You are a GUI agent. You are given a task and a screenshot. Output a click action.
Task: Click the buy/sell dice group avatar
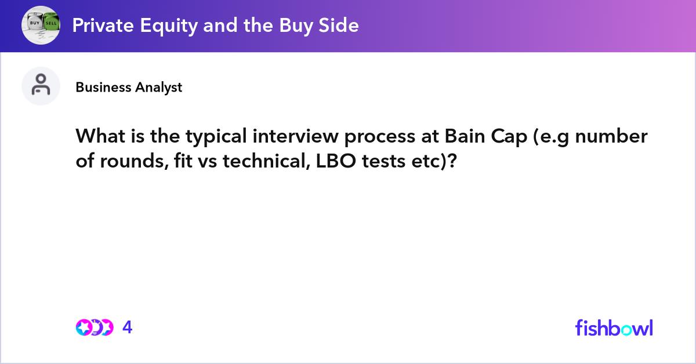[x=41, y=26]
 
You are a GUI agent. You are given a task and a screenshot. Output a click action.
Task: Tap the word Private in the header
[x=103, y=25]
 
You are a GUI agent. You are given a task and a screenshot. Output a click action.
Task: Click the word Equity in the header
[x=169, y=26]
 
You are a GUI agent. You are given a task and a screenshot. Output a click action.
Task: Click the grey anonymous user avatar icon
[x=41, y=86]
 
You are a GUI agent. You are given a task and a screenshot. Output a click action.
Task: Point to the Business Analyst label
[x=129, y=88]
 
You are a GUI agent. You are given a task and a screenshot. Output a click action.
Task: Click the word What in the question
[x=100, y=136]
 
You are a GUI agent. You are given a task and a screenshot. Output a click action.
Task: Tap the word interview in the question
[x=295, y=136]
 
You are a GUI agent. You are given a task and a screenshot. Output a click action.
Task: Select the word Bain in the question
[x=465, y=136]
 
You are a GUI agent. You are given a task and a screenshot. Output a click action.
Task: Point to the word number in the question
[x=611, y=136]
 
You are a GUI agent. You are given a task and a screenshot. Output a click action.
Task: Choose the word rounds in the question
[x=134, y=161]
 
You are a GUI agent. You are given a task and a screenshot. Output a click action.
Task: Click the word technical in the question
[x=267, y=161]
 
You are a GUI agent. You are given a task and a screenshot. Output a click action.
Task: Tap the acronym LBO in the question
[x=336, y=161]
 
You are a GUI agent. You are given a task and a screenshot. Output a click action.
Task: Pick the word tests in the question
[x=384, y=162]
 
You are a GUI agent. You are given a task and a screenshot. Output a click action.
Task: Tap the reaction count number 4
[x=128, y=327]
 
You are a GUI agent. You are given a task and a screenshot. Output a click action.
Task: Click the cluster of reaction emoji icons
[x=95, y=327]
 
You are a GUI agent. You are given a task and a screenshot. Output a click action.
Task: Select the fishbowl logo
[x=614, y=327]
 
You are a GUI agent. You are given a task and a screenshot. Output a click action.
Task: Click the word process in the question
[x=380, y=137]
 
